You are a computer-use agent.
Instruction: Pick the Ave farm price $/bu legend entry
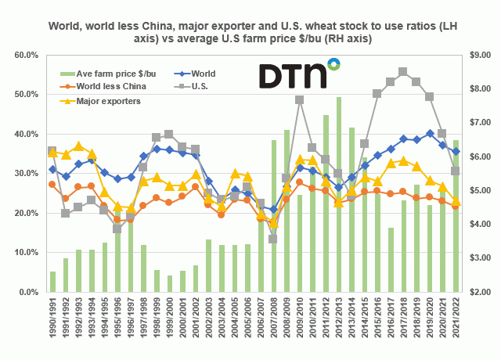point(105,74)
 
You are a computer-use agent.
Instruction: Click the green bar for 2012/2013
point(338,196)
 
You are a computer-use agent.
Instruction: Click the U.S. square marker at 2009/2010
point(299,100)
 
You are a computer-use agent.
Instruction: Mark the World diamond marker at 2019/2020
point(429,133)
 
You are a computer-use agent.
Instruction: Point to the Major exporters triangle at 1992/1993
point(78,146)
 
